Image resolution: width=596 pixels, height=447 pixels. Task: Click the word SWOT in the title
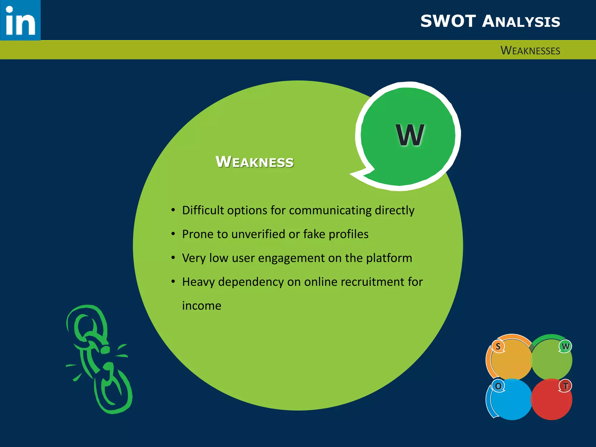pyautogui.click(x=448, y=22)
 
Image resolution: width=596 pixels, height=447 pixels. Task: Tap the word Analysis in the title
pyautogui.click(x=521, y=22)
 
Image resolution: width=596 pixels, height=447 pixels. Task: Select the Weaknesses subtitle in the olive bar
pyautogui.click(x=530, y=51)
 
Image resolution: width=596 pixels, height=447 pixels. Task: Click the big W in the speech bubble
pyautogui.click(x=410, y=135)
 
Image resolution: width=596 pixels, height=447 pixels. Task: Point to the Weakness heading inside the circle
pyautogui.click(x=254, y=162)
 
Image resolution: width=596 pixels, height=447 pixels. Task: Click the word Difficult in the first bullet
pyautogui.click(x=203, y=210)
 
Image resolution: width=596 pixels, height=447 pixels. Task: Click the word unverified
pyautogui.click(x=258, y=234)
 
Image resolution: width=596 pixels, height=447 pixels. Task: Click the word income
pyautogui.click(x=202, y=306)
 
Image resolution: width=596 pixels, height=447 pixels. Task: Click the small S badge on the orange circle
pyautogui.click(x=498, y=346)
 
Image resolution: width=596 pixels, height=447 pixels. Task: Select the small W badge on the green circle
pyautogui.click(x=565, y=346)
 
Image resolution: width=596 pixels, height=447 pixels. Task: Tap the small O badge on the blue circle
pyautogui.click(x=498, y=386)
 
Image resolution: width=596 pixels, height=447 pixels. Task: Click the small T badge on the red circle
pyautogui.click(x=565, y=386)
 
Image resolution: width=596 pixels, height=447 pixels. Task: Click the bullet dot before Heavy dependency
pyautogui.click(x=173, y=281)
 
